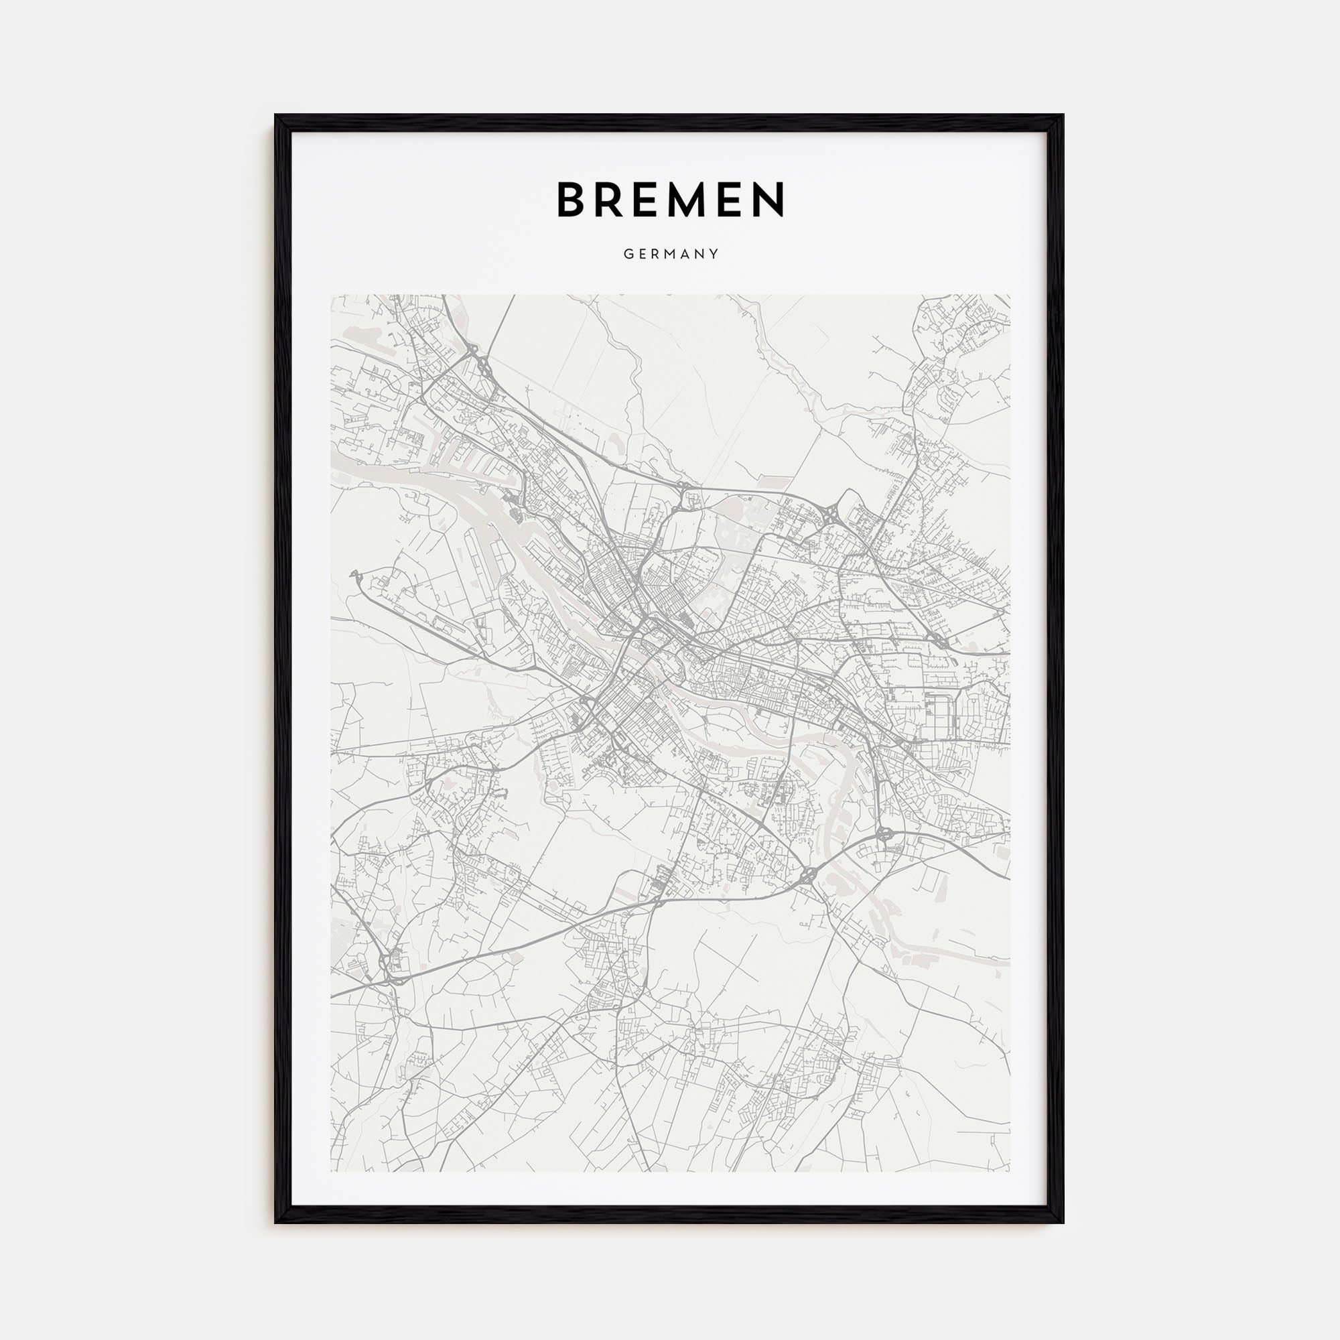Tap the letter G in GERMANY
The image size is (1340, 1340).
(x=627, y=254)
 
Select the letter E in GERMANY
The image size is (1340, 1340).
(x=642, y=254)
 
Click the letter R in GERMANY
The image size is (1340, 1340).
(x=655, y=254)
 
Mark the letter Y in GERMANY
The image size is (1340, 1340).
(x=714, y=254)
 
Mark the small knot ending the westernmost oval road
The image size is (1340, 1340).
(x=355, y=573)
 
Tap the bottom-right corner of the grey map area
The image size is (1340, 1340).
(x=1009, y=1171)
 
